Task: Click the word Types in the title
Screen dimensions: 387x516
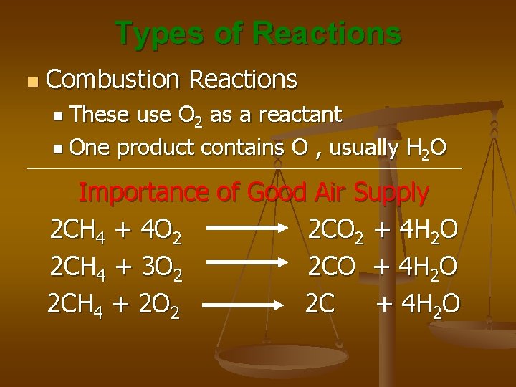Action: (153, 34)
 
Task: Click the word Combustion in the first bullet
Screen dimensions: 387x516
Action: (105, 80)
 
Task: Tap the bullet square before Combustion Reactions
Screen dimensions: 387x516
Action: (28, 80)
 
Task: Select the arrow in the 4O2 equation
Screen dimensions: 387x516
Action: (247, 231)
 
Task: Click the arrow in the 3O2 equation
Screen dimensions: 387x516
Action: (247, 269)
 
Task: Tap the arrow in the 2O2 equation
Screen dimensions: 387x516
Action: (247, 306)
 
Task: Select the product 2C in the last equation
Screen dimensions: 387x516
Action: (320, 305)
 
